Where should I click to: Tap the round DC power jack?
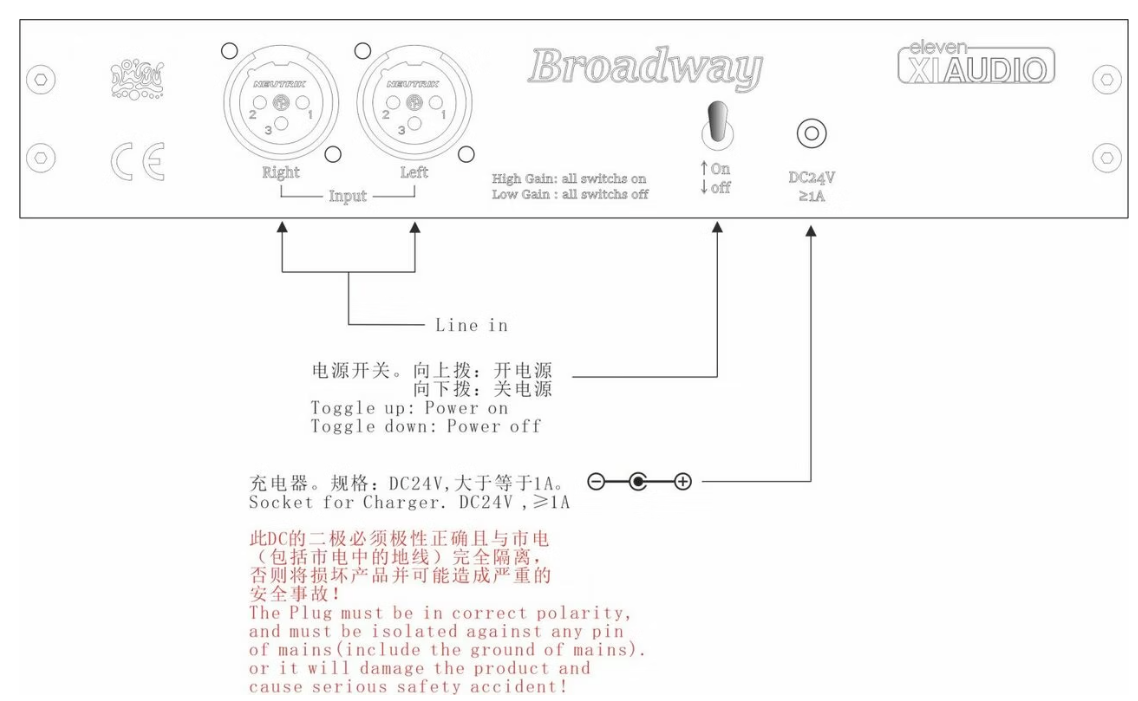tap(809, 131)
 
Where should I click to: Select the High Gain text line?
tap(570, 179)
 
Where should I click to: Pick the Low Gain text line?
tap(570, 194)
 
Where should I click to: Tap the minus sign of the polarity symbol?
tap(595, 483)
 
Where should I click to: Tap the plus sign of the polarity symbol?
tap(684, 483)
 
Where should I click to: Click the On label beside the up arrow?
tap(720, 171)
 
